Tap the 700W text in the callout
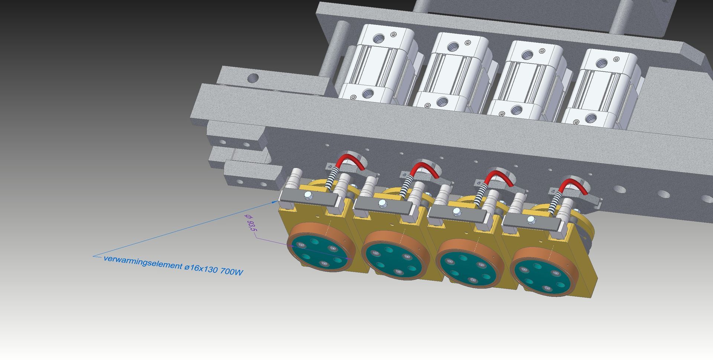tap(231, 272)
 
